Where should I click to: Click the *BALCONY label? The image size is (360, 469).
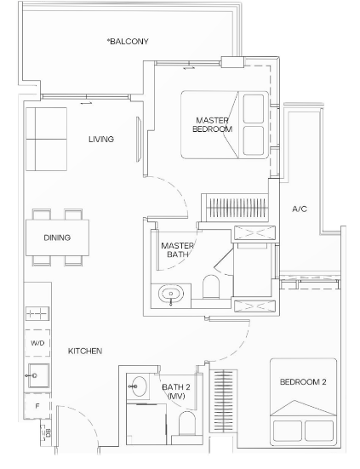(128, 41)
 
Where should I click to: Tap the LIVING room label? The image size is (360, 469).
(101, 139)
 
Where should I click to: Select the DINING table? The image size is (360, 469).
(57, 237)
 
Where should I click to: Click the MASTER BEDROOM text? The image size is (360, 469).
(212, 125)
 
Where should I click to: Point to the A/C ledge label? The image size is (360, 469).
(300, 209)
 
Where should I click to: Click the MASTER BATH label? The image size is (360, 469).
(177, 250)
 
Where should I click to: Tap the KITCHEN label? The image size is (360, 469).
(85, 351)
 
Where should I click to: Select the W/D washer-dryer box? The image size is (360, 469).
(37, 343)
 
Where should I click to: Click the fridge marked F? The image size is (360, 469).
(37, 406)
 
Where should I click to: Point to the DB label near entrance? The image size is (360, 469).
(48, 432)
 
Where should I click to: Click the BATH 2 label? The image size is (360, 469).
(176, 392)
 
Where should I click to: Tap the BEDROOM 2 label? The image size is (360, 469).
(303, 382)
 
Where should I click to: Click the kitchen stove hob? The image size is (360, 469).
(37, 314)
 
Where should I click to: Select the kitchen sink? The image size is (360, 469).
(39, 375)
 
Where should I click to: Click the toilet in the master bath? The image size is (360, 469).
(211, 287)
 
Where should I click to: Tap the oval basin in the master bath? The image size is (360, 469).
(171, 295)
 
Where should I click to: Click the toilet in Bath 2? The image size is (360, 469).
(187, 424)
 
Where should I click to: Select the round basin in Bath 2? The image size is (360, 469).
(140, 386)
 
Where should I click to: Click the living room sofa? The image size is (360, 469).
(46, 139)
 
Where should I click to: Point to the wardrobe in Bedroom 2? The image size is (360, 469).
(224, 401)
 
